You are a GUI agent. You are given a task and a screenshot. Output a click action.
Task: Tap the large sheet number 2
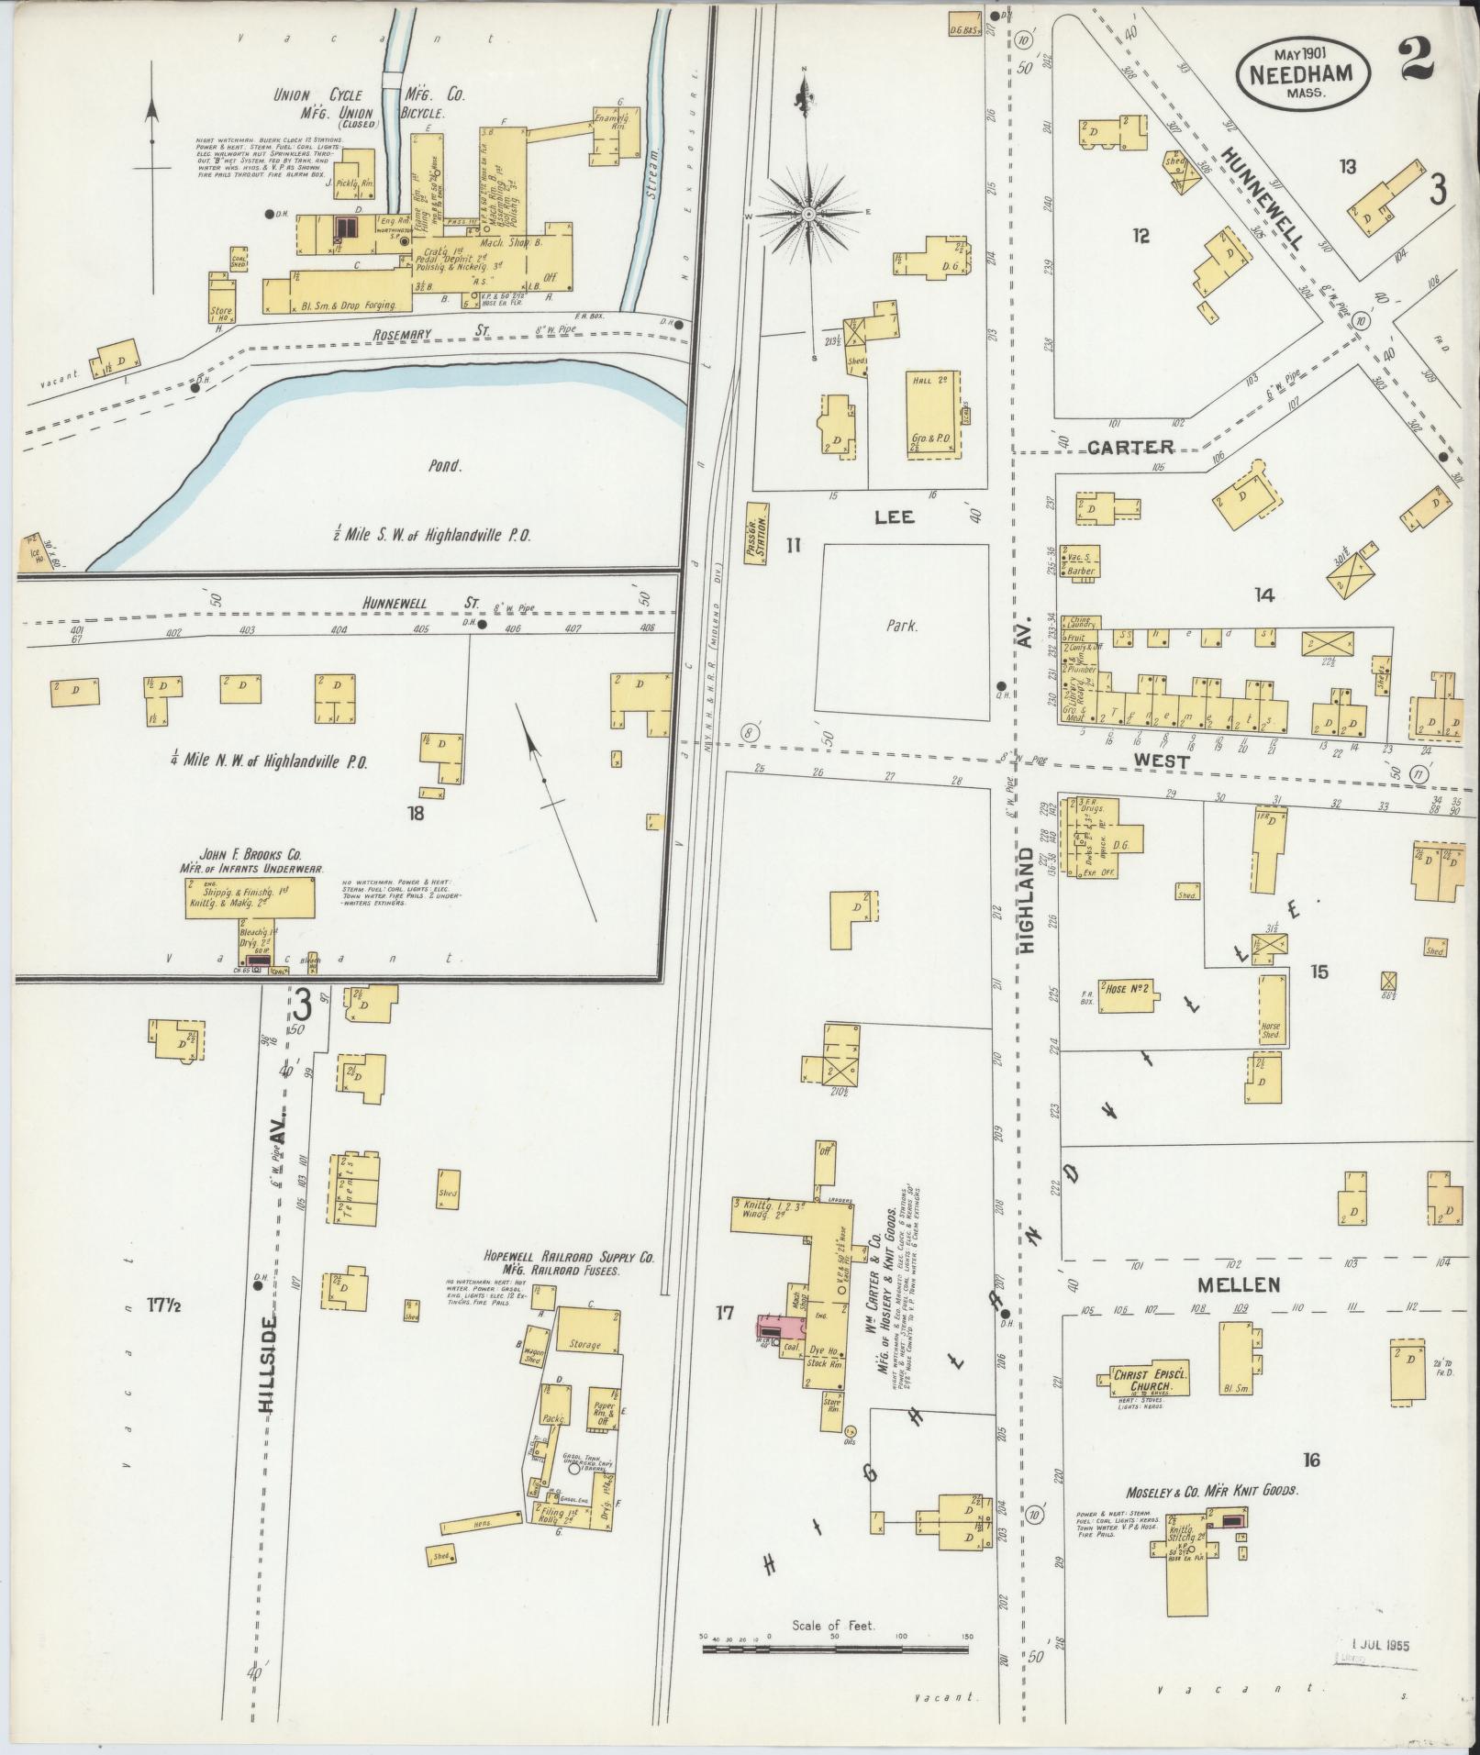(1419, 61)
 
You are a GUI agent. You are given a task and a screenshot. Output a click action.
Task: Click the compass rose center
(808, 215)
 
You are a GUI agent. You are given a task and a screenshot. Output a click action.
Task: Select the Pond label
(444, 465)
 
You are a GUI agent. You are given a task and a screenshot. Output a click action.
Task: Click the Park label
(902, 628)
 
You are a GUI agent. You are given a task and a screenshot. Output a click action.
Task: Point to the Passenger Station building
(759, 533)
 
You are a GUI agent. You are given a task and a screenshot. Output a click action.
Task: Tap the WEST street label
(1161, 761)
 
